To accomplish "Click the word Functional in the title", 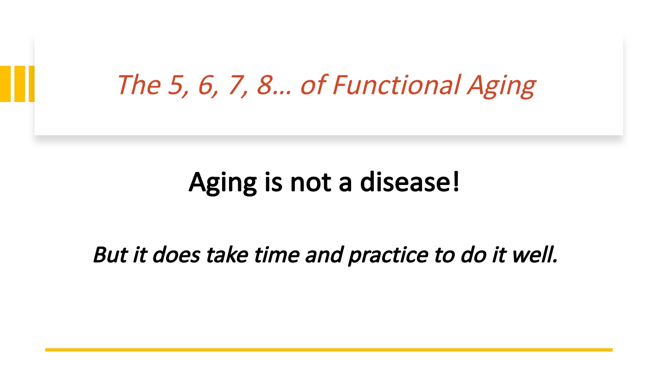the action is (396, 85).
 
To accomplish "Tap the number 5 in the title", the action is (176, 85).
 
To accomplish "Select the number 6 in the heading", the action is (206, 85).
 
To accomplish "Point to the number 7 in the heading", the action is (236, 85).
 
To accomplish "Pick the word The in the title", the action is (139, 85).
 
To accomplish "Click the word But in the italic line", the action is (111, 254).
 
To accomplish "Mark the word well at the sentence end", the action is (535, 254).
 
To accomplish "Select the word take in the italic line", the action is (227, 254).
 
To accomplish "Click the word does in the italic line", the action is (176, 254).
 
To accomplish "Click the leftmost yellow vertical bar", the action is (5, 84).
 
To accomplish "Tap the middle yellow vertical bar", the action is (20, 84).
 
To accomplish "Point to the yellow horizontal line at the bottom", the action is (329, 350).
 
